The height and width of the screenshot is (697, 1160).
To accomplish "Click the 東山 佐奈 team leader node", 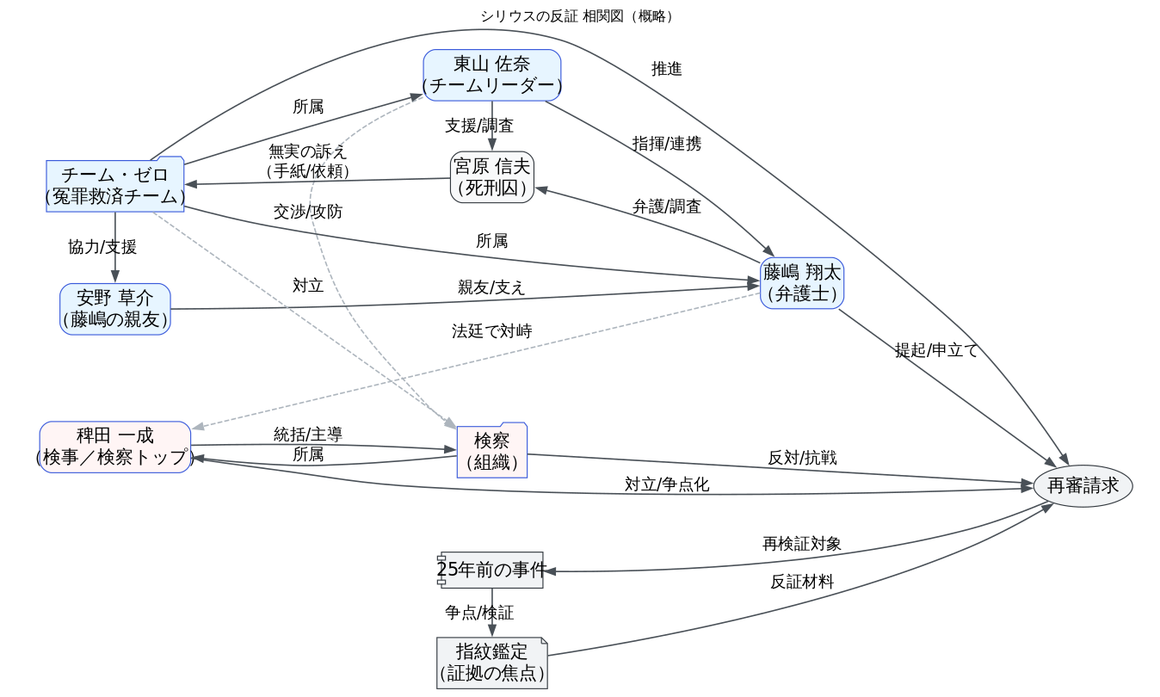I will coord(491,75).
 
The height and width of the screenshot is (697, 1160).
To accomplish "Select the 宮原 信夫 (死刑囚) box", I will coord(491,176).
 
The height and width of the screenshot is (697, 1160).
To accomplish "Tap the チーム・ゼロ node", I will coord(115,184).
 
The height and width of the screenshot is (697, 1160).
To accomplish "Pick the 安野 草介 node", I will coord(115,309).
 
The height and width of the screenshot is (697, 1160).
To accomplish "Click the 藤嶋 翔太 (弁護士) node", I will coord(801,283).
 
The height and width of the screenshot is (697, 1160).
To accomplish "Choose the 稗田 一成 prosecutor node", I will coord(115,447).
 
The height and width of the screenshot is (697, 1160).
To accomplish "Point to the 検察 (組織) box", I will coord(491,451).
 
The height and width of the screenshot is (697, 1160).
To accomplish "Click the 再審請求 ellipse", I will coord(1083,486).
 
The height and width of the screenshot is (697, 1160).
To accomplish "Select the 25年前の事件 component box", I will coord(491,570).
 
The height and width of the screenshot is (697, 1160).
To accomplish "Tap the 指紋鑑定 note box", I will coord(491,662).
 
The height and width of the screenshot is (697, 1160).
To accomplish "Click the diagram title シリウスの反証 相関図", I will coord(578,16).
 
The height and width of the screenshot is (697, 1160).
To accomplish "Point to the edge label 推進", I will coord(667,70).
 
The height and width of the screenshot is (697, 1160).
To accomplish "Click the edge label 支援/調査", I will coord(479,126).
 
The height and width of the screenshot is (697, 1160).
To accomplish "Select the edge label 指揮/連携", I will coord(667,144).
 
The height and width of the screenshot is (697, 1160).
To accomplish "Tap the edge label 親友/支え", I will coord(491,287).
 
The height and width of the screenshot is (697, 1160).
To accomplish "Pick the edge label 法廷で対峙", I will coord(491,330).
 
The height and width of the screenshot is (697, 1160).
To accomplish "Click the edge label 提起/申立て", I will coord(936,350).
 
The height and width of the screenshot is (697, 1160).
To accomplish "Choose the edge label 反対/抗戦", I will coord(802,458).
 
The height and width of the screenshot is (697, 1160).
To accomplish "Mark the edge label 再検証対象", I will coord(802,544).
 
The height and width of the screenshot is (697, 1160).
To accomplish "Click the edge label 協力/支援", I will coord(102,247).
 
